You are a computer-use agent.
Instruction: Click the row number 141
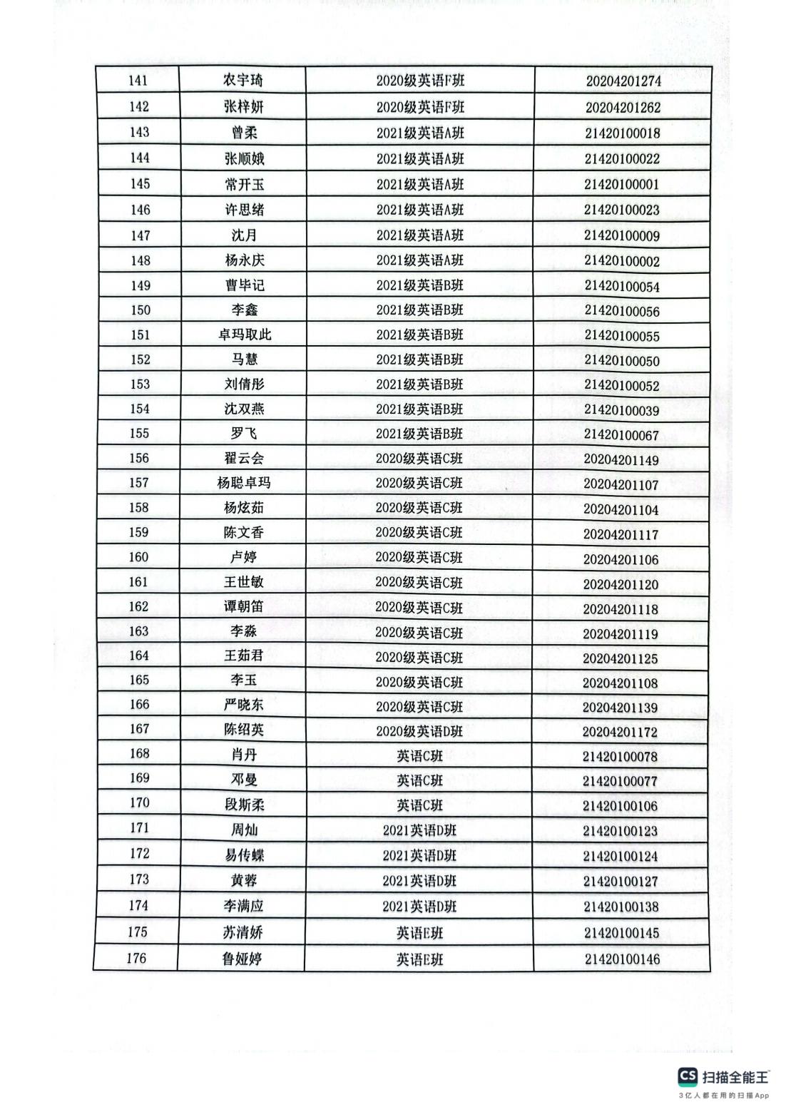pos(138,80)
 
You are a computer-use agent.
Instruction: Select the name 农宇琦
pos(243,80)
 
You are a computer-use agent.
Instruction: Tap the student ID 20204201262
pos(623,108)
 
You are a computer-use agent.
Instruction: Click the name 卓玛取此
pos(245,335)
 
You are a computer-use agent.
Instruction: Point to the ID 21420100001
pos(621,185)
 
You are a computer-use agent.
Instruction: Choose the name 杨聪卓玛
pos(244,483)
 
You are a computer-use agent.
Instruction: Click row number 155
pos(140,433)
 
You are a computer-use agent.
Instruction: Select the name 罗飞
pos(244,434)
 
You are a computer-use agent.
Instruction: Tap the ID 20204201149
pos(621,460)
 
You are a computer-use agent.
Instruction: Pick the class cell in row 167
pos(419,732)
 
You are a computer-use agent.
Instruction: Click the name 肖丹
pos(244,755)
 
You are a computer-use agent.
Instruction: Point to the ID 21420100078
pos(620,757)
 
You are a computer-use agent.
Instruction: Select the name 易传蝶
pos(244,855)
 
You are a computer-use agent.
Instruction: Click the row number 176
pos(136,958)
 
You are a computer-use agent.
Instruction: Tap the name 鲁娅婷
pos(243,959)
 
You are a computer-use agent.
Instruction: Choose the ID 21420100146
pos(622,959)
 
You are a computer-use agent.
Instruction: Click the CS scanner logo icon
pos(688,1076)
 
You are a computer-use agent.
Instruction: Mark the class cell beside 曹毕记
pos(420,285)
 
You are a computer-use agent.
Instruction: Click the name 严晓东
pos(244,705)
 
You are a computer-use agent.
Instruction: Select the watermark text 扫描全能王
pos(735,1077)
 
